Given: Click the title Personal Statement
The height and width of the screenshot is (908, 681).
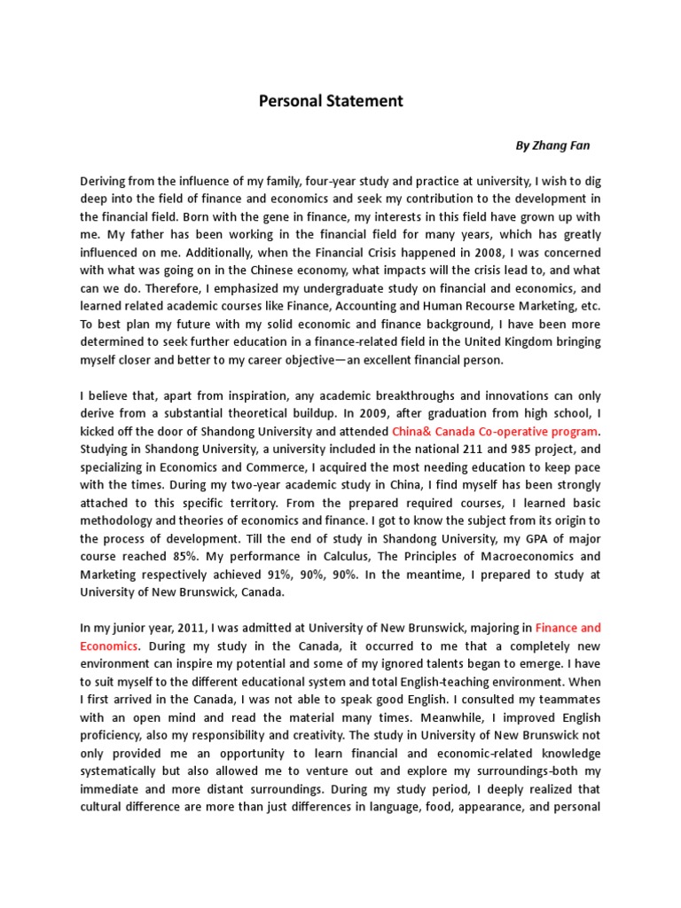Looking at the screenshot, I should (331, 101).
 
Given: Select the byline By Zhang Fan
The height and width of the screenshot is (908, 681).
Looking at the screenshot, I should (552, 145).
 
